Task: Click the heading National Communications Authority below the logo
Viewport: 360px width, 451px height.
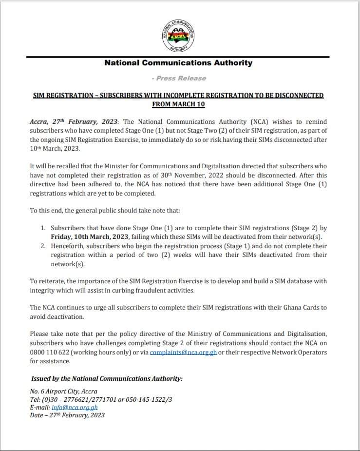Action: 178,63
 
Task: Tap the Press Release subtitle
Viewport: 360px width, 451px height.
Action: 179,78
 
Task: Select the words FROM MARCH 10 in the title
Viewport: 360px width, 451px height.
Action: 178,104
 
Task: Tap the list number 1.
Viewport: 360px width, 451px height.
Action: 43,228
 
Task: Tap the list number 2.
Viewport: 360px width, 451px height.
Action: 43,246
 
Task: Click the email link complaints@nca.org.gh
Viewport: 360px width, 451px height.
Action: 183,352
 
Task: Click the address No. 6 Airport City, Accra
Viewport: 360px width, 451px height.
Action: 64,391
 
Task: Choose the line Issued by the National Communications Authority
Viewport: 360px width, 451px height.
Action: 107,379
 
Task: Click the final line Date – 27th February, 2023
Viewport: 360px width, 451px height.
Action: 67,415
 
